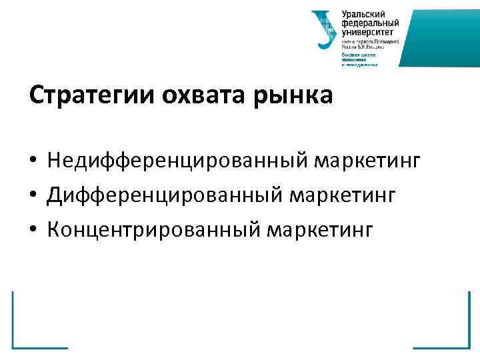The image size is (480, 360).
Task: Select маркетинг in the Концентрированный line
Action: (323, 229)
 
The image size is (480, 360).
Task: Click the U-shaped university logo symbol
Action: (325, 29)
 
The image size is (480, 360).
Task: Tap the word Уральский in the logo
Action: (363, 14)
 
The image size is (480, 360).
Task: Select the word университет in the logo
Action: (368, 31)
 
